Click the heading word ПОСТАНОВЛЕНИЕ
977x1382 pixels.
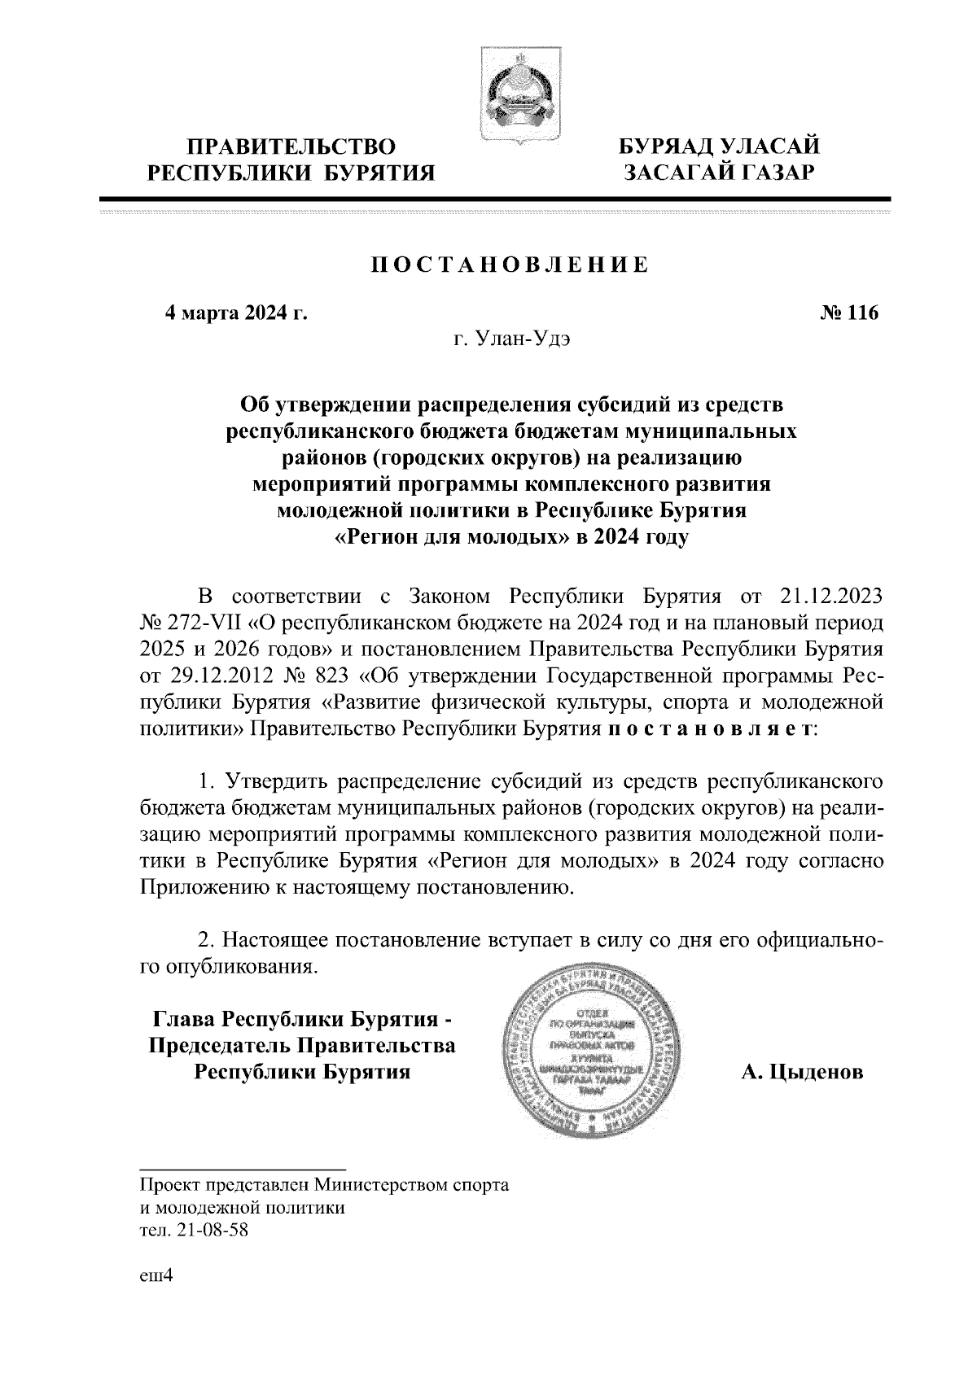[x=510, y=266]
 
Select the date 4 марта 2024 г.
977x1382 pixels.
[x=236, y=313]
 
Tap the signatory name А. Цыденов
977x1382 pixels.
[x=802, y=1073]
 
